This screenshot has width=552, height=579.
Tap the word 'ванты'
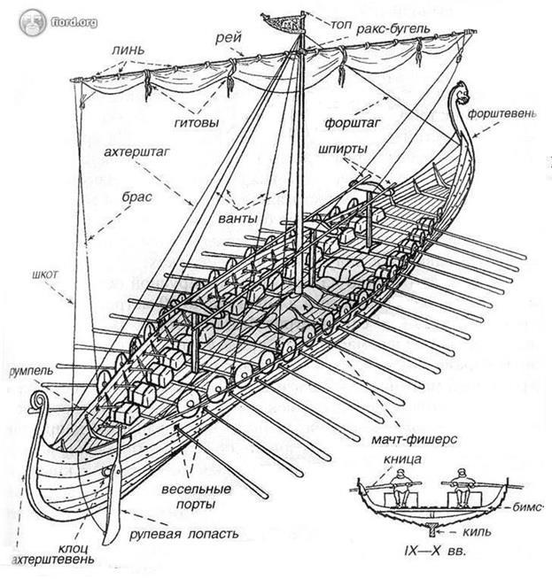pos(236,217)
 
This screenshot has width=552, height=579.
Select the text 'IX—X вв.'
pos(431,552)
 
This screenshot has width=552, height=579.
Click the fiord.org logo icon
pos(32,20)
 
